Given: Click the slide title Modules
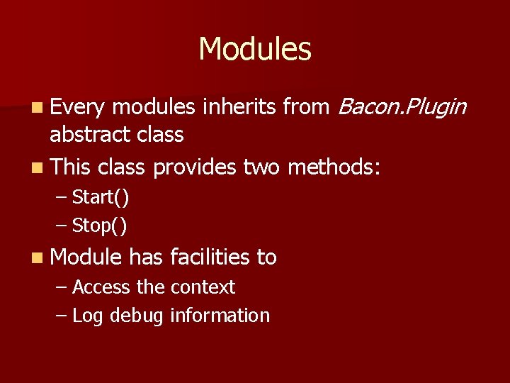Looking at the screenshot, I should click(x=255, y=49).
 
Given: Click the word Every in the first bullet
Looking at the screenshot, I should click(x=77, y=107).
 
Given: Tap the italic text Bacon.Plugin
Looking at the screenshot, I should click(x=402, y=107).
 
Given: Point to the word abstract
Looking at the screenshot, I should click(x=87, y=134).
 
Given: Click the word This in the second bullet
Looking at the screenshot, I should click(x=71, y=167).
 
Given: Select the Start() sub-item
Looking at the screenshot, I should click(x=101, y=196).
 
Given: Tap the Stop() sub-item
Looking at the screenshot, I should click(x=100, y=226).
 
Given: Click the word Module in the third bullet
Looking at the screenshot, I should click(x=86, y=257).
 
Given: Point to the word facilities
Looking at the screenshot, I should click(x=210, y=257).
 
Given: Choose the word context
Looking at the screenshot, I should click(x=202, y=287).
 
